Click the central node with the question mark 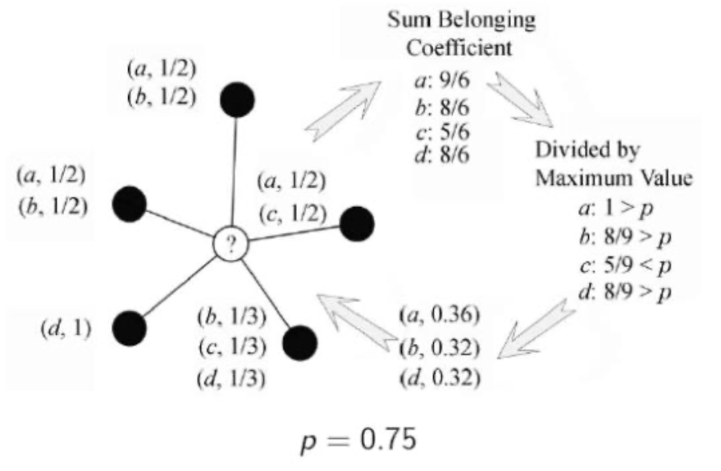point(230,246)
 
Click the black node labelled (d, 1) point(129,327)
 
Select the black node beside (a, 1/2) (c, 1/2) point(357,223)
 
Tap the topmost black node point(238,100)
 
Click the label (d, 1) point(65,329)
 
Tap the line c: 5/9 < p point(624,266)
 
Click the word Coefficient point(461,49)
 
